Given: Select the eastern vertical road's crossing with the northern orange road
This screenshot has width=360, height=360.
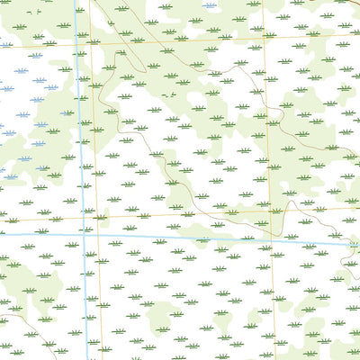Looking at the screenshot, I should [x=263, y=38].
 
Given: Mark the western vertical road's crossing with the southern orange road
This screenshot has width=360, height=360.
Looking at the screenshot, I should [x=95, y=217].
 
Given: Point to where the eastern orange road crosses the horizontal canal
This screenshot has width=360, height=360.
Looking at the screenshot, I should [x=270, y=239].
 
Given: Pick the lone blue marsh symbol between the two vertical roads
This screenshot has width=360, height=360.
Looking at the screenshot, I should [x=209, y=4].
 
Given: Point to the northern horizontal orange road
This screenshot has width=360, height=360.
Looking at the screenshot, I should [x=180, y=40].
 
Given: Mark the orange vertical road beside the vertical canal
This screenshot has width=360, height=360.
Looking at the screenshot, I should [x=94, y=135].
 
